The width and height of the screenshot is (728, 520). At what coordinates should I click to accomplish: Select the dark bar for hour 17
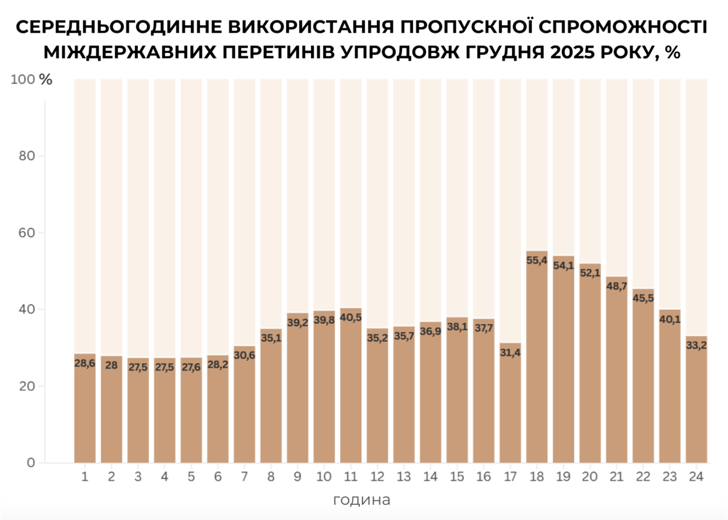(x=510, y=408)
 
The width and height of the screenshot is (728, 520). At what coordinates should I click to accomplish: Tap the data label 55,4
(x=536, y=260)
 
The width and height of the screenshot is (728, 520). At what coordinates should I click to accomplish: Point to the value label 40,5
(x=351, y=317)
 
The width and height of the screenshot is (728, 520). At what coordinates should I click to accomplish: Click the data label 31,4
(x=510, y=352)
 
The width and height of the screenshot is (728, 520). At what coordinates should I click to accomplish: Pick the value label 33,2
(x=696, y=345)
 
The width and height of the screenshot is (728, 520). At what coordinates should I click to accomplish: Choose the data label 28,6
(x=85, y=363)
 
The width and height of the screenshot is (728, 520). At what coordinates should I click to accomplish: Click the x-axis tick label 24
(x=696, y=476)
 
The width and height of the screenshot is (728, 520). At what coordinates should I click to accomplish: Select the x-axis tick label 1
(x=85, y=476)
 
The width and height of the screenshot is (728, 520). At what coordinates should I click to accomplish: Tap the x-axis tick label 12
(x=377, y=476)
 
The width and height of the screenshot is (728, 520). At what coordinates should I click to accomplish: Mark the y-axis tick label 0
(x=32, y=463)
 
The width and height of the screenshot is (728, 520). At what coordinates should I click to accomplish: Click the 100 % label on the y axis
(x=31, y=80)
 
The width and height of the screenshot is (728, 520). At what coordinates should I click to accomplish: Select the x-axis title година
(x=361, y=500)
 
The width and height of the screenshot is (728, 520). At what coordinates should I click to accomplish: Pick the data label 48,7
(x=616, y=286)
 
